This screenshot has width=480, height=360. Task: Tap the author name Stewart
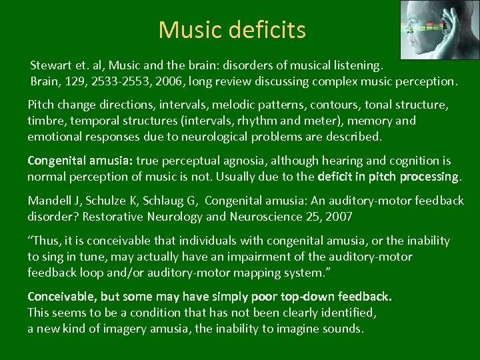click(x=51, y=67)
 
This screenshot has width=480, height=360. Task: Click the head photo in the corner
click(x=437, y=29)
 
